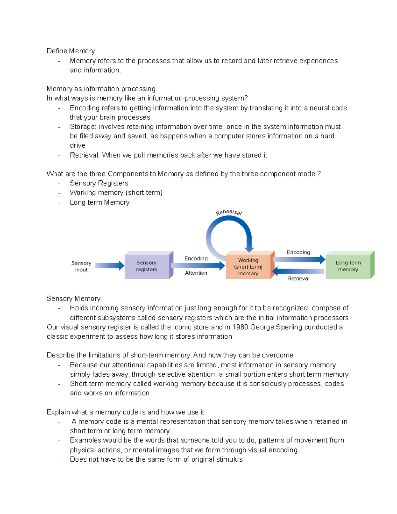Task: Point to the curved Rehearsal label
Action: tap(229, 212)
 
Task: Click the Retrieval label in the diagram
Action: tap(299, 279)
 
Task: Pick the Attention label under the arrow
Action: tap(196, 273)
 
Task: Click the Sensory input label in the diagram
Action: tap(81, 266)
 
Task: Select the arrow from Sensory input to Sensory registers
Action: tap(110, 265)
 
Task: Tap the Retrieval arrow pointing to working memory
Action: tap(298, 271)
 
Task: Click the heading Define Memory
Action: tap(71, 51)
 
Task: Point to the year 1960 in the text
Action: tap(240, 327)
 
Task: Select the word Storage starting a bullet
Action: tap(83, 127)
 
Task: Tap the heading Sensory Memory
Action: tap(73, 299)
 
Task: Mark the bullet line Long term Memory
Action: tap(100, 203)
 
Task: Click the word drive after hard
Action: tap(78, 146)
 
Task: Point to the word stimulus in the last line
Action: tap(230, 459)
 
